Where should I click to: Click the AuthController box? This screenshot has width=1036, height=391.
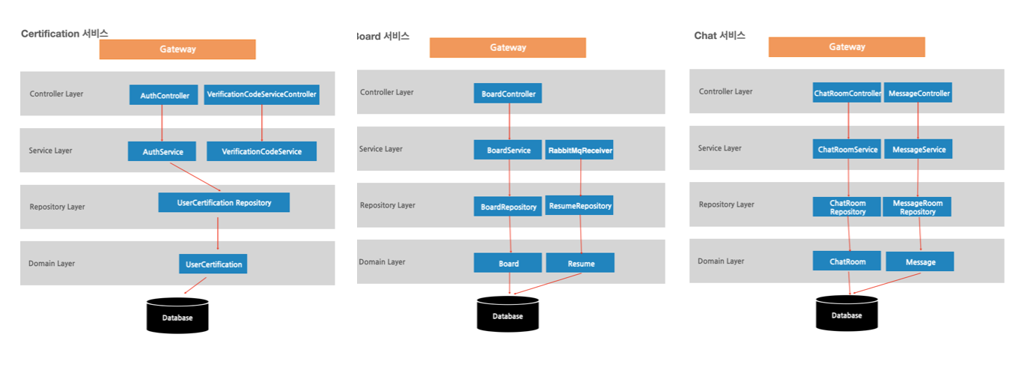coord(164,95)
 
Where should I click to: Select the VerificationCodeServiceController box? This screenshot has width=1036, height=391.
coord(261,95)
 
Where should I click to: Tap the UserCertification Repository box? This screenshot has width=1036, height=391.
coord(224,202)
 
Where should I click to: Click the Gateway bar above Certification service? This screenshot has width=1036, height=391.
coord(177,49)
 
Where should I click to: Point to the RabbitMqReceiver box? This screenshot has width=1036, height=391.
coord(580,150)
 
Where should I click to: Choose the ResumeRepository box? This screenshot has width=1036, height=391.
coord(580,205)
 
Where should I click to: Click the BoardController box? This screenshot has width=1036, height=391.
coord(508,94)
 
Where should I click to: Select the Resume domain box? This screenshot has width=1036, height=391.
coord(581,263)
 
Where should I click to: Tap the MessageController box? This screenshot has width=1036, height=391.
coord(918,93)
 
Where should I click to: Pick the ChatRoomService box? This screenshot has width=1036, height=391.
coord(847,149)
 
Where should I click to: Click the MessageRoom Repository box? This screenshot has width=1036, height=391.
coord(917,207)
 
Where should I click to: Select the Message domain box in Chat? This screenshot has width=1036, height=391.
coord(920,261)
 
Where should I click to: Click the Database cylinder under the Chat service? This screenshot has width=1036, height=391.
coord(847,313)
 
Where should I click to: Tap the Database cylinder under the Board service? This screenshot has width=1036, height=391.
coord(508,314)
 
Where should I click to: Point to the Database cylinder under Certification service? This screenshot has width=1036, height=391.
coord(177,315)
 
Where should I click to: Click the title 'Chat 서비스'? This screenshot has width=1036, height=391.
coord(719,35)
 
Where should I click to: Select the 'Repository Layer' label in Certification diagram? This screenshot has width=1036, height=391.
coord(57,207)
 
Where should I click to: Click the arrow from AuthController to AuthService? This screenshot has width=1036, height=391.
coord(162,123)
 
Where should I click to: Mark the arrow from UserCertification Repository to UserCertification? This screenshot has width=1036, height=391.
coord(218,233)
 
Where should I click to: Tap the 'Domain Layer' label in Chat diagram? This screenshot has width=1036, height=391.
coord(721,261)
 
